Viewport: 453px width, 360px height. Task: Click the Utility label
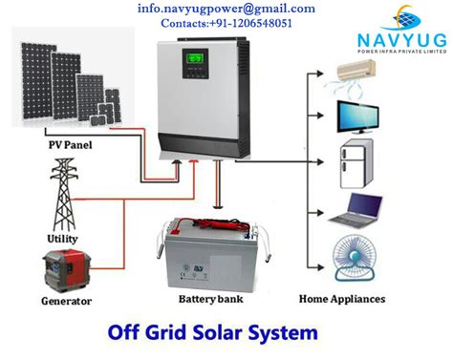point(63,238)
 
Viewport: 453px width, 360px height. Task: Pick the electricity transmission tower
point(65,192)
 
